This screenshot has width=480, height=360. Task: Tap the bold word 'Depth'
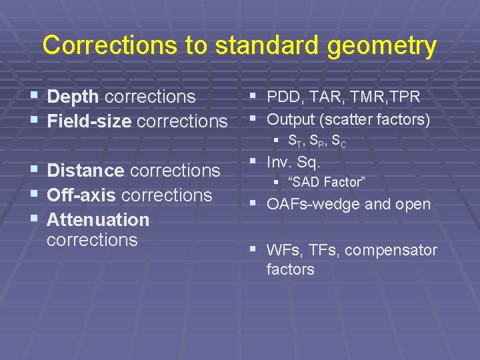(x=73, y=97)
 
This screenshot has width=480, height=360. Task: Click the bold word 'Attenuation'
(x=98, y=219)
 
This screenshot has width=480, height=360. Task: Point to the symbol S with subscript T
(x=293, y=141)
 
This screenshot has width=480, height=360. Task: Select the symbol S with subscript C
(x=339, y=141)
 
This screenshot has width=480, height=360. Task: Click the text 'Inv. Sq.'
(x=294, y=162)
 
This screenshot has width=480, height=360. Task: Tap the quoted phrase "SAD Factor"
(x=326, y=182)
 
